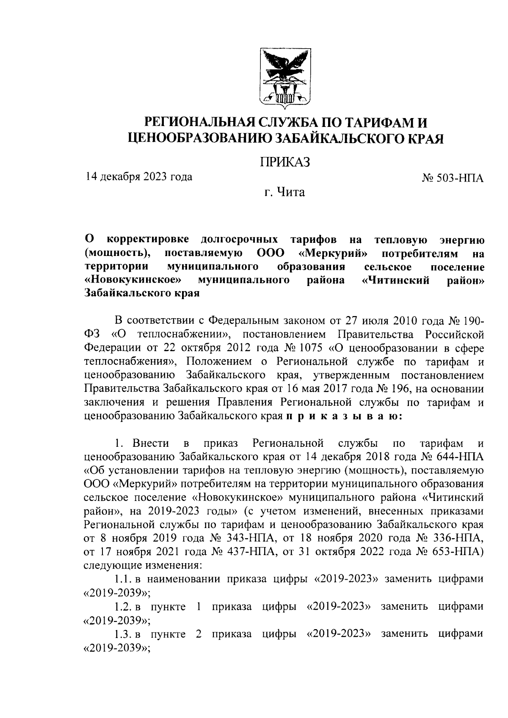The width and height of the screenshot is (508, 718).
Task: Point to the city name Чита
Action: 290,193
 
